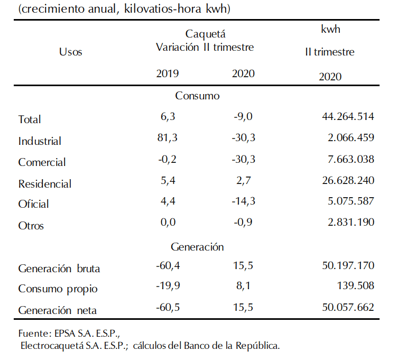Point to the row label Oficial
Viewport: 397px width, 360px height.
pyautogui.click(x=33, y=204)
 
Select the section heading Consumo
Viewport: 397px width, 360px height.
pyautogui.click(x=197, y=96)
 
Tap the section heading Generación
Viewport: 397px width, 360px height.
pyautogui.click(x=197, y=247)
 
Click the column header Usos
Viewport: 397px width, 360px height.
pyautogui.click(x=70, y=52)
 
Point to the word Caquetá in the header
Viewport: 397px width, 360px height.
pyautogui.click(x=205, y=34)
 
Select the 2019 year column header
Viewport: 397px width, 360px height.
pyautogui.click(x=168, y=73)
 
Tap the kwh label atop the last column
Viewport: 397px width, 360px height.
pyautogui.click(x=330, y=29)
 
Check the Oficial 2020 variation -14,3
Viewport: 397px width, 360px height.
pyautogui.click(x=244, y=201)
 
